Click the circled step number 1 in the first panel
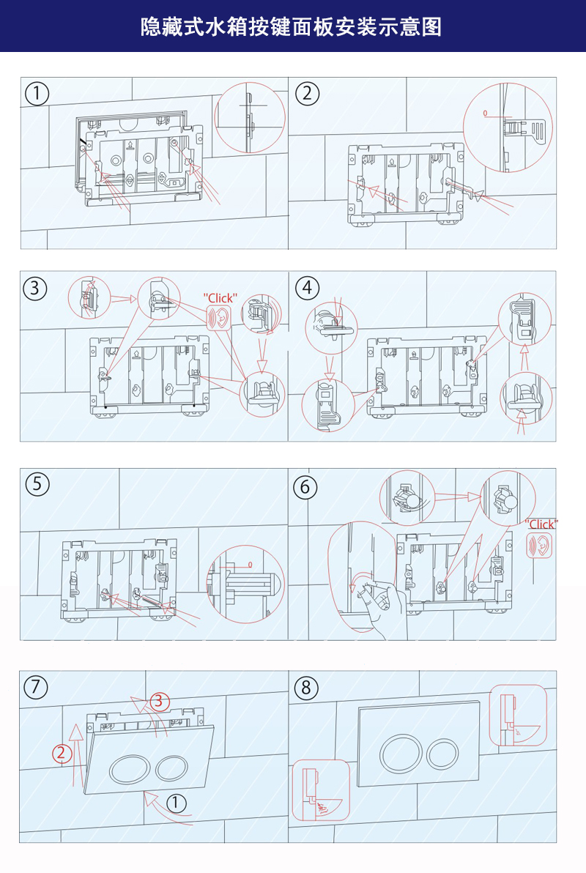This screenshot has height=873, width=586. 37,94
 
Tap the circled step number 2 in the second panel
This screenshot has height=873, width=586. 307,93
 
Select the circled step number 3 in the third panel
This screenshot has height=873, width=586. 35,288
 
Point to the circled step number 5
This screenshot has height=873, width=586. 37,483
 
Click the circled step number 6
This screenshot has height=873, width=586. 305,486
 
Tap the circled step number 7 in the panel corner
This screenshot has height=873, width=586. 36,687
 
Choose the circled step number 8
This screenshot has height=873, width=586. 306,688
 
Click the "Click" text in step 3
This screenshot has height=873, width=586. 220,298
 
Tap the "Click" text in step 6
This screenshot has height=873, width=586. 542,524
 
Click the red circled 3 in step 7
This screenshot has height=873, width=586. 160,701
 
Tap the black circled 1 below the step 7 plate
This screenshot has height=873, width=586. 176,803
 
